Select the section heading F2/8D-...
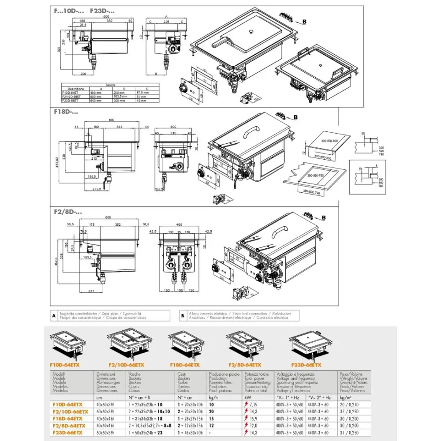pyautogui.click(x=64, y=211)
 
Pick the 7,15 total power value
pyautogui.click(x=251, y=404)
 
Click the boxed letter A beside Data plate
pyautogui.click(x=53, y=315)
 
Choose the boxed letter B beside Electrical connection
pyautogui.click(x=182, y=315)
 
